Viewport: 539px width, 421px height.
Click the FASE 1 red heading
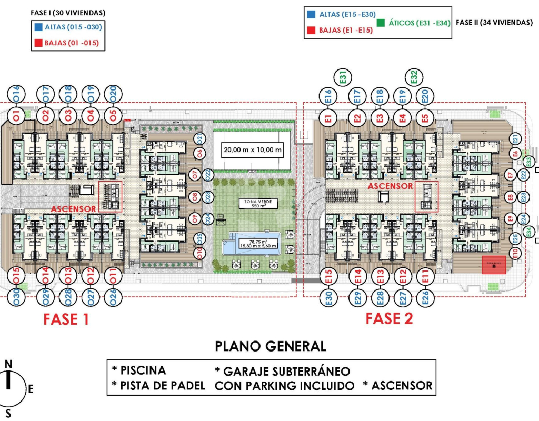(x=66, y=319)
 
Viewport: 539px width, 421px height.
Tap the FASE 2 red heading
(x=389, y=318)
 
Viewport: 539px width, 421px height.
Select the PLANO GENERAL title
(x=271, y=346)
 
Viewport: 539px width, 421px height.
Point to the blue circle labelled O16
(x=16, y=94)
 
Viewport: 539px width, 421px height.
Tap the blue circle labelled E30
(x=328, y=297)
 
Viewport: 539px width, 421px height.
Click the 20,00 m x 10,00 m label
(x=253, y=150)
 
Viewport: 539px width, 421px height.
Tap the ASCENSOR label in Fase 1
(x=74, y=209)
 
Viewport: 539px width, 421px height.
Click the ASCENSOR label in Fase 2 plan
(x=390, y=186)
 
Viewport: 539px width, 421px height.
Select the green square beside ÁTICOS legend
(x=381, y=23)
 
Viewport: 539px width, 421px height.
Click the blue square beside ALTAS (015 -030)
(x=37, y=26)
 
